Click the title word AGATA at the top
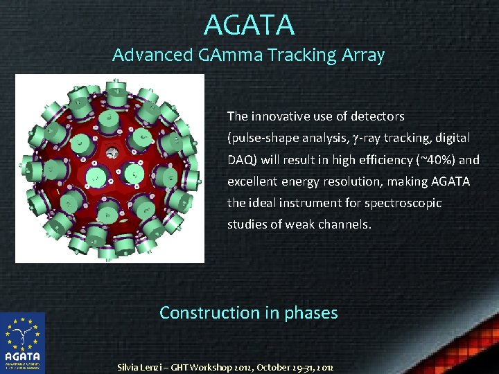(249, 25)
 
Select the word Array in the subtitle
(362, 55)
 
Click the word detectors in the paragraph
(377, 116)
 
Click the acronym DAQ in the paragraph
(240, 159)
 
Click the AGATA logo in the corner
(22, 343)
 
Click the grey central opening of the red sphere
(110, 152)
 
